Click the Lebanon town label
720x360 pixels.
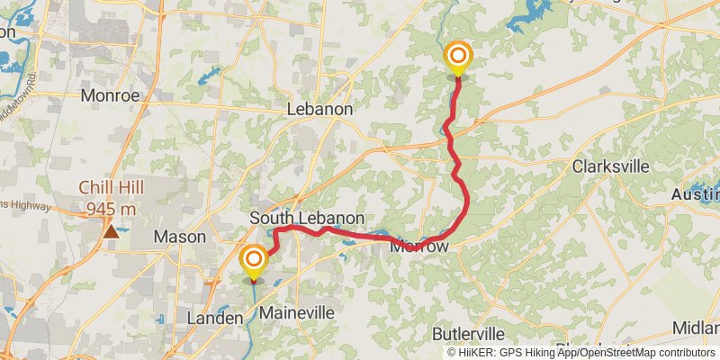319,109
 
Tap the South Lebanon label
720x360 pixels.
307,219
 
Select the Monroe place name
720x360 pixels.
110,94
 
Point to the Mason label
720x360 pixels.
180,238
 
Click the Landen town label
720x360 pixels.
214,319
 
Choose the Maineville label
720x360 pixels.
296,313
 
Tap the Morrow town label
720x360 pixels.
418,245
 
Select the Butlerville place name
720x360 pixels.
474,333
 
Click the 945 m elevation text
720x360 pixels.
112,209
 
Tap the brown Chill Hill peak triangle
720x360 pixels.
110,231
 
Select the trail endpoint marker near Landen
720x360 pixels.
254,261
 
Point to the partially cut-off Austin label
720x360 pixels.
696,194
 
